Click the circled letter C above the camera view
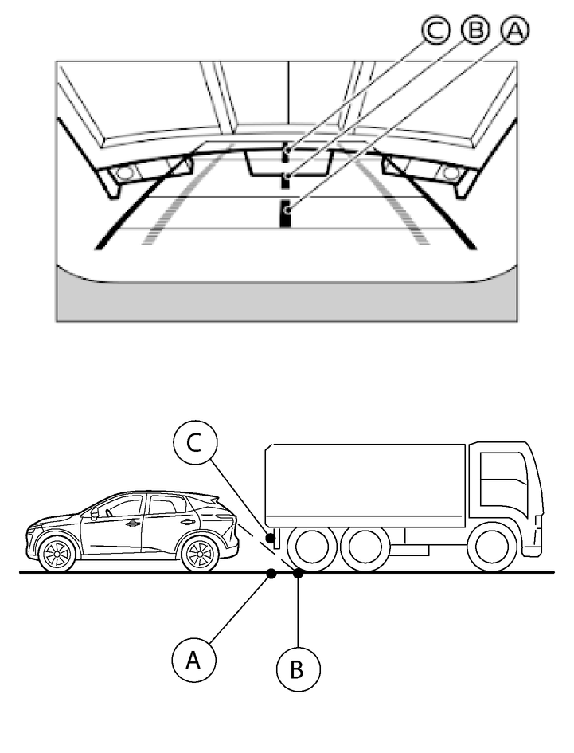pyautogui.click(x=435, y=31)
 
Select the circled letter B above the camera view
pyautogui.click(x=475, y=31)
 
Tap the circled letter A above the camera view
pyautogui.click(x=514, y=31)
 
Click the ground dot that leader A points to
pyautogui.click(x=271, y=573)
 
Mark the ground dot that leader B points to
pyautogui.click(x=298, y=573)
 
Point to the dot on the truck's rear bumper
pyautogui.click(x=272, y=539)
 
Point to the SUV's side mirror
pyautogui.click(x=95, y=514)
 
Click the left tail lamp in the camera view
pyautogui.click(x=124, y=172)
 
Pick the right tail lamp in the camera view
pyautogui.click(x=451, y=172)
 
